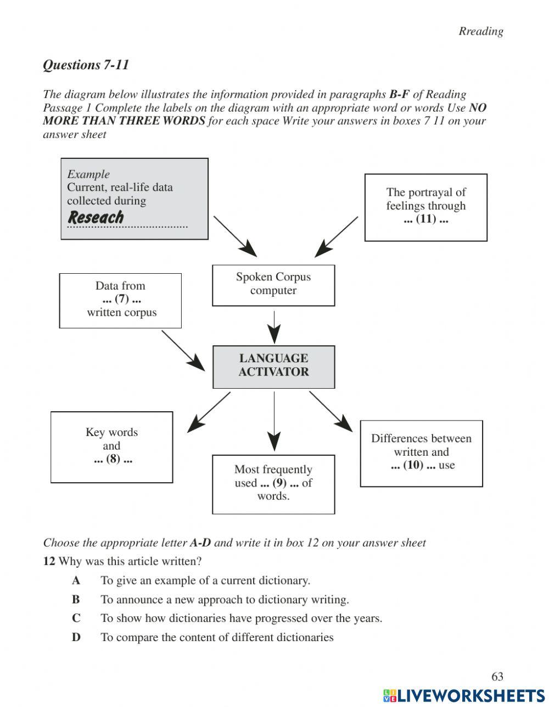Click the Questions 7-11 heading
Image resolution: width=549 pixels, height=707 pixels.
click(x=86, y=65)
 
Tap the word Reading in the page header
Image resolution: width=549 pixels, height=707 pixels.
click(x=481, y=31)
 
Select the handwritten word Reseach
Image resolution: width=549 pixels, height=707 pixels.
click(x=96, y=217)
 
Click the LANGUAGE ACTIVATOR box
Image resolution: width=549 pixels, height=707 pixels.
click(x=273, y=366)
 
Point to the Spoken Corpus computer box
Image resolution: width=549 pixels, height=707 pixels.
click(x=273, y=284)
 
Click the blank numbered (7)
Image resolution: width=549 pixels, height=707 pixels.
click(x=121, y=299)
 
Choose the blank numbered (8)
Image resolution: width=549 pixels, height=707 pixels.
click(x=113, y=459)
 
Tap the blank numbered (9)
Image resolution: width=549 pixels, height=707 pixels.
click(x=279, y=483)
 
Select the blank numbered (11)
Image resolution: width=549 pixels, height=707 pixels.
click(x=425, y=219)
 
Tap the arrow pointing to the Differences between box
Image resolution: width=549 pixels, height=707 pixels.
click(x=330, y=411)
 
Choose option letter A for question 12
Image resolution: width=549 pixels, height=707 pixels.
click(x=76, y=581)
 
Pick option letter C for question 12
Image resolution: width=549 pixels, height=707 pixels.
click(x=76, y=618)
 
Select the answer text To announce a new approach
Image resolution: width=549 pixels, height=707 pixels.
click(x=225, y=599)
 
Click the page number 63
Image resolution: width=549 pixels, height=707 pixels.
click(x=497, y=676)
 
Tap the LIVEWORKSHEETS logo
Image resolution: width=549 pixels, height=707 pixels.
click(x=464, y=695)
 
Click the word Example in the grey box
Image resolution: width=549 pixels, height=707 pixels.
click(x=88, y=174)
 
